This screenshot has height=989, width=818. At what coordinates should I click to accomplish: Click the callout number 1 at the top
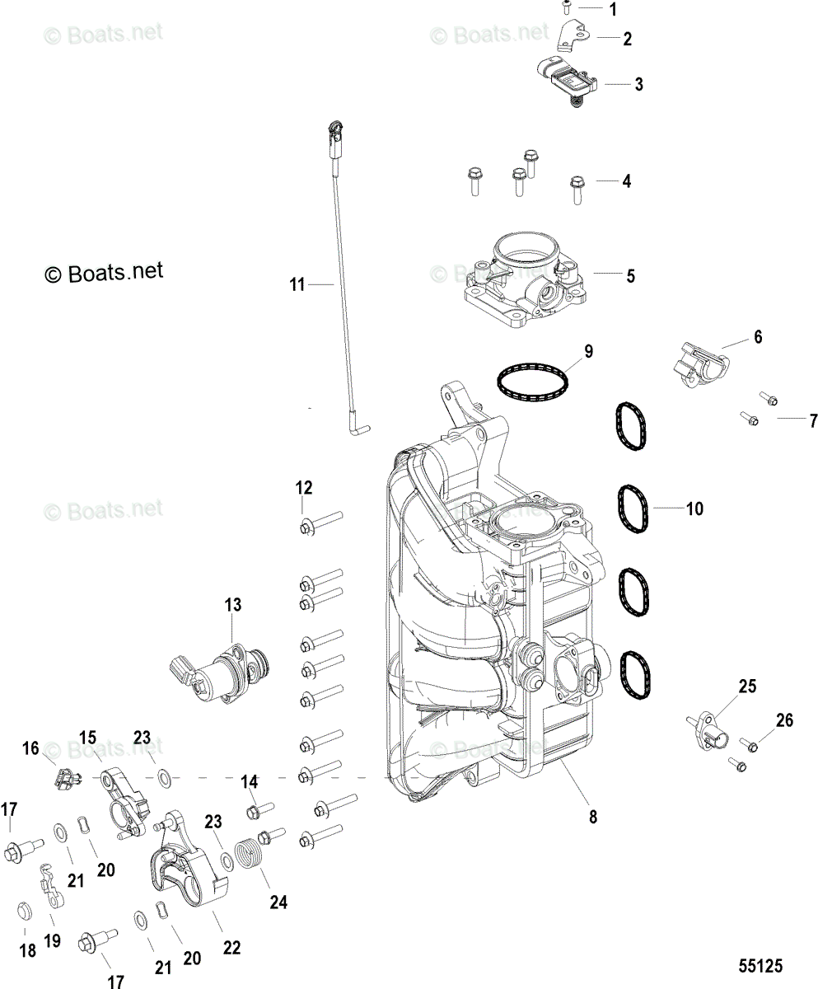coord(612,10)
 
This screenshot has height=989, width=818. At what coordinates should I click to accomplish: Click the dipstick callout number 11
coord(297,284)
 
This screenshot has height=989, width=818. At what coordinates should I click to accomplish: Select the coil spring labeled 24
coord(253,857)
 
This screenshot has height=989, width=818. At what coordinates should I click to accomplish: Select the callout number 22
coord(231,948)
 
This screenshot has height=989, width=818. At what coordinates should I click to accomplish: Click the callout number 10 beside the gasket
coord(694,509)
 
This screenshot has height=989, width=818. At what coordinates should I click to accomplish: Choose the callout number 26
coord(783,720)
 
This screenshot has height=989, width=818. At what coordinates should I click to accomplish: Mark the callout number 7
coord(812,421)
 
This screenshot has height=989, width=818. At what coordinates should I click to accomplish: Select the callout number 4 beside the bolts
coord(627,180)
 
